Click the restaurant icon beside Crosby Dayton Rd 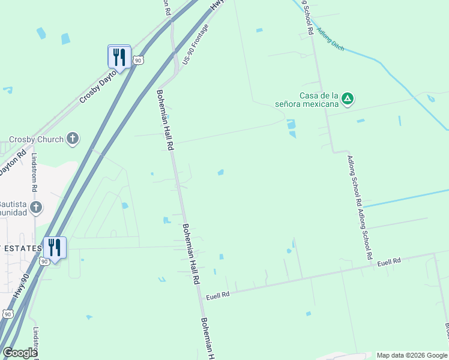point(119,57)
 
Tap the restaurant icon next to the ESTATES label point(55,248)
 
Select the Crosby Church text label point(36,139)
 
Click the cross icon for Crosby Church point(72,139)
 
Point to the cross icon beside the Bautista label point(36,208)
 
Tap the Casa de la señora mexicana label point(319,100)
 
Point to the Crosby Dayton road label point(99,84)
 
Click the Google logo point(20,353)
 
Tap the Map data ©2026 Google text point(412,355)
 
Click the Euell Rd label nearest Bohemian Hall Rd point(218,295)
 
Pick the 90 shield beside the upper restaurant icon point(139,61)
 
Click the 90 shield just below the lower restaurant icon point(44,262)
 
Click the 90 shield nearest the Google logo point(7,314)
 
